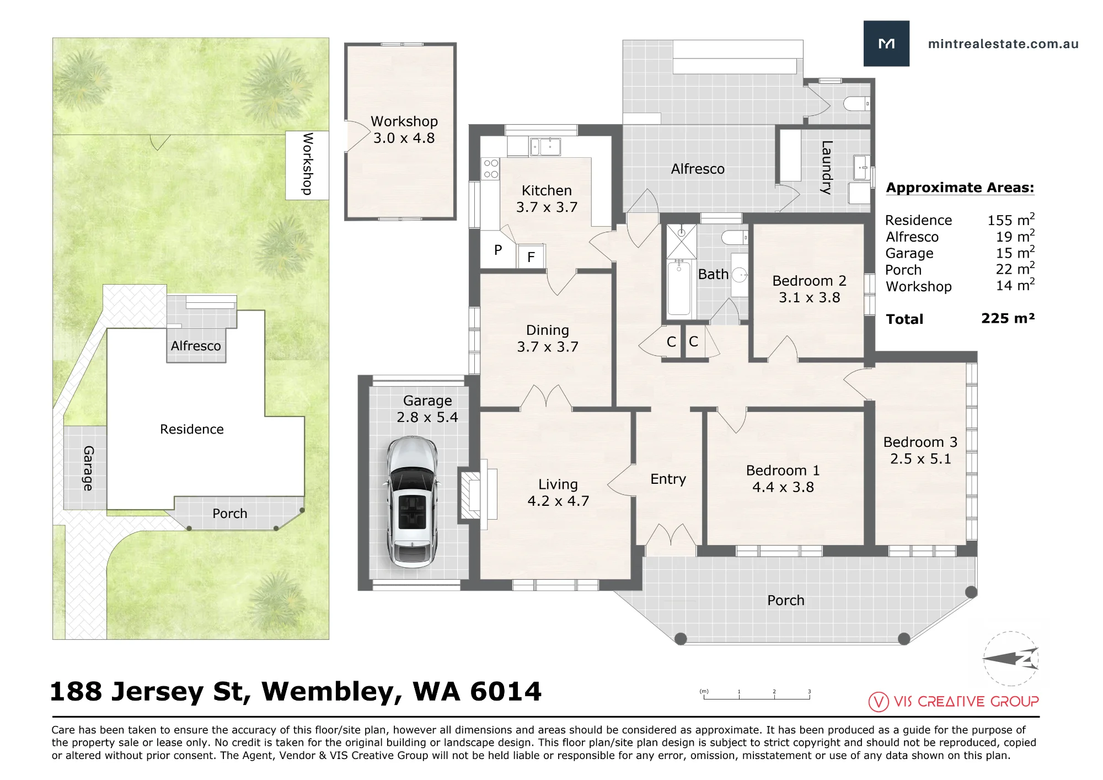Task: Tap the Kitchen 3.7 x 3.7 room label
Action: [547, 199]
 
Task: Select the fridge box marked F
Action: [531, 257]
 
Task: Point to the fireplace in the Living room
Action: [470, 495]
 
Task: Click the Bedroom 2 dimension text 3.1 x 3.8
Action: [809, 297]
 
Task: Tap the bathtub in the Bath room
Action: [679, 289]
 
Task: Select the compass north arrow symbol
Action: [1010, 658]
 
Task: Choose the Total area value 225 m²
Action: [1008, 318]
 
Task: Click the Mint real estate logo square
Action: [886, 44]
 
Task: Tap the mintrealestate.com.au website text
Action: [1003, 44]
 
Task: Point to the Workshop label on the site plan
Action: [307, 164]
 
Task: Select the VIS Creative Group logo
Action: [954, 701]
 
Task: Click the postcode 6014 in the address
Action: [506, 692]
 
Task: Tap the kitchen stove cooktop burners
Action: [490, 169]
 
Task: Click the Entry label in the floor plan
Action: [668, 479]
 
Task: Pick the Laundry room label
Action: [826, 168]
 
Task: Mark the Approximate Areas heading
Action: [960, 188]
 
